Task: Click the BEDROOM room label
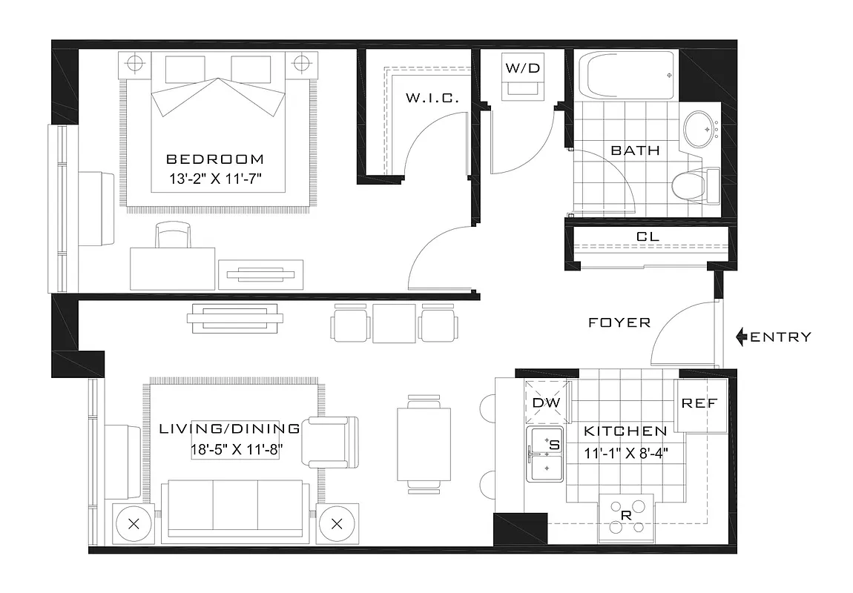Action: [x=215, y=159]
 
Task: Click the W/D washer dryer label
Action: [x=523, y=68]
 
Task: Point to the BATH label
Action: [x=635, y=150]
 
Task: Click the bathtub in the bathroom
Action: [x=630, y=76]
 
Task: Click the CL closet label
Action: [x=648, y=236]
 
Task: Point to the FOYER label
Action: [x=619, y=322]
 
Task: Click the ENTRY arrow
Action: [x=741, y=337]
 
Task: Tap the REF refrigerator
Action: [x=699, y=405]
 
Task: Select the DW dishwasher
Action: [x=547, y=402]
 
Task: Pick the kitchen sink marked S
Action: [x=546, y=454]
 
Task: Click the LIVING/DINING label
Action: [x=230, y=428]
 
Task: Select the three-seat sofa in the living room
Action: [x=236, y=508]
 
